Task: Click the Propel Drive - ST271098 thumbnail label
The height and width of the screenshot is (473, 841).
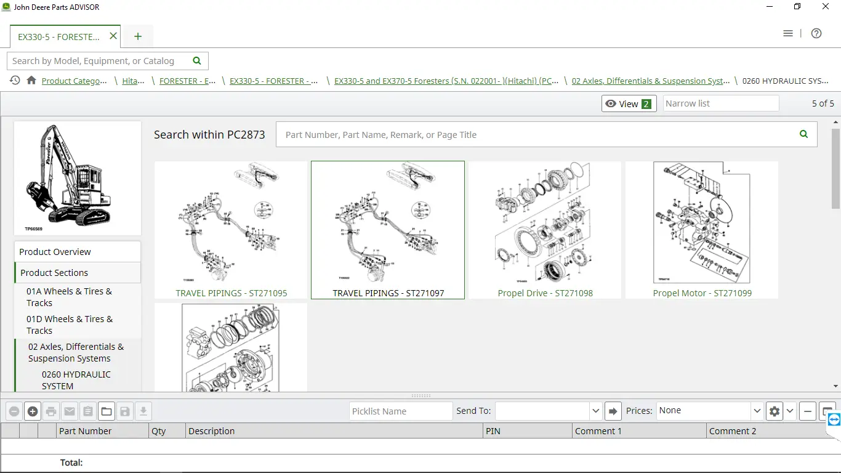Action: [545, 293]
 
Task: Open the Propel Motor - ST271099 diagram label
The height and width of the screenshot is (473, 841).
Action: [702, 293]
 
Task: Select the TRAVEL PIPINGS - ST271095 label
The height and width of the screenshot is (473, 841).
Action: [231, 293]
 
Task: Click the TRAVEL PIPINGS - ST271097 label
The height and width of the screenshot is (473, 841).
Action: [388, 293]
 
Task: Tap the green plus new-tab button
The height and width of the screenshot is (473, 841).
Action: [138, 36]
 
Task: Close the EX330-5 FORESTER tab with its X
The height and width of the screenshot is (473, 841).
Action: [113, 36]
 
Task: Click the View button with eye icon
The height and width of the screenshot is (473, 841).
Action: [629, 103]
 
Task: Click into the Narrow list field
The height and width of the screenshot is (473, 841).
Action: [720, 103]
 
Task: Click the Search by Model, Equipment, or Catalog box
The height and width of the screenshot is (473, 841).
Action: [102, 61]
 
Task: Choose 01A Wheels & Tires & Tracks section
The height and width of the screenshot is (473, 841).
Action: [69, 297]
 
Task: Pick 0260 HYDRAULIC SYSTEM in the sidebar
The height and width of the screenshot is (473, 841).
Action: [76, 380]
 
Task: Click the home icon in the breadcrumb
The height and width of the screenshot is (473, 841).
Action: [31, 81]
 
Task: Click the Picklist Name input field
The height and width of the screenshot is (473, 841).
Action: [401, 411]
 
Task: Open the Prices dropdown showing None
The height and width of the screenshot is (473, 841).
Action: [710, 411]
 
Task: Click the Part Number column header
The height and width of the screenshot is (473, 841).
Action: [86, 431]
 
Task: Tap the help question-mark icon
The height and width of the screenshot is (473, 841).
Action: [816, 34]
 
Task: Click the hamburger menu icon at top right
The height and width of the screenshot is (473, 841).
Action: [788, 34]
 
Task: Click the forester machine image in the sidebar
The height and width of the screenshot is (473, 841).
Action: [78, 178]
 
